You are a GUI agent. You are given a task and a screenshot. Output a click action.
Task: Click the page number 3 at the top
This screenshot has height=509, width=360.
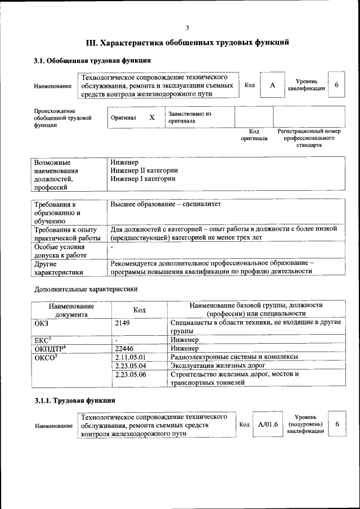(187, 28)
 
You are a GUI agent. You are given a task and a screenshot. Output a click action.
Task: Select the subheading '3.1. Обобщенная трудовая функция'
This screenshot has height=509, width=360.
(92, 60)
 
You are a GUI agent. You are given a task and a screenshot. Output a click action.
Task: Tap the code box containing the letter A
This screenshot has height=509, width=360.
(272, 85)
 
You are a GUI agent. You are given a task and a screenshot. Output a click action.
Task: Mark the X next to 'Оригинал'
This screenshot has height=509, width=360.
(151, 118)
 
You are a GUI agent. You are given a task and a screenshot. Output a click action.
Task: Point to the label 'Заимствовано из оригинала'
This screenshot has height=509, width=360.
(189, 117)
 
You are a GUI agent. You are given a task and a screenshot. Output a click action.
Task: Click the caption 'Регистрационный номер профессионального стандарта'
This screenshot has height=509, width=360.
(309, 138)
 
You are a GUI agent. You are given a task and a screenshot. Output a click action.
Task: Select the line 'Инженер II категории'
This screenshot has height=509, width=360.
(145, 170)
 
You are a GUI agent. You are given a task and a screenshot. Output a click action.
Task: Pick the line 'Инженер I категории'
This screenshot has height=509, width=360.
(143, 179)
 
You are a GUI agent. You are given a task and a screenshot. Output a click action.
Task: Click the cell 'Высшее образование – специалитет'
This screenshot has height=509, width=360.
(166, 204)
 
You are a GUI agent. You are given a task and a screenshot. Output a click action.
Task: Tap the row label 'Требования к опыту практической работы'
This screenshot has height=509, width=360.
(67, 233)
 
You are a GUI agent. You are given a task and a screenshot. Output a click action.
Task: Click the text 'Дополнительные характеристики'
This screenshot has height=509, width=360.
(85, 289)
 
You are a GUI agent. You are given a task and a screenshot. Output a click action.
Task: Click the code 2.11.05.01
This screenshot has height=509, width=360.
(130, 357)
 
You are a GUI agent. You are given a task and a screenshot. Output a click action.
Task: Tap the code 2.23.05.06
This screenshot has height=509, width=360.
(130, 374)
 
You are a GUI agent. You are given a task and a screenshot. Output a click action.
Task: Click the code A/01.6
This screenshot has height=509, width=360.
(268, 424)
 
